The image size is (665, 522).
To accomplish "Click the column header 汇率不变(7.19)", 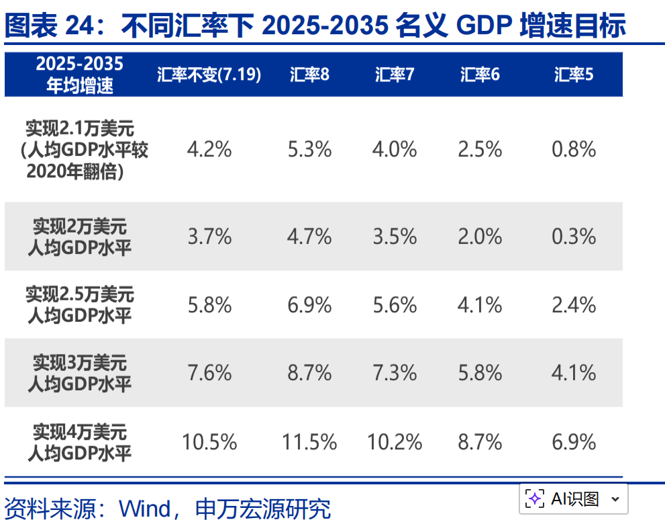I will pos(209,75).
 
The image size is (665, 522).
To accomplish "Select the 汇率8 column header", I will pos(309,75).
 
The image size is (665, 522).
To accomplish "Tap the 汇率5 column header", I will pos(574,75).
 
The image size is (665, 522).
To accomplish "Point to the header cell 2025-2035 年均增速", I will pos(79,75).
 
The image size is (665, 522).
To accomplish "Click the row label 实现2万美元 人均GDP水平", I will pos(79,236).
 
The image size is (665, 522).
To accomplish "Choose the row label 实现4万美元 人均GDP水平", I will pos(79,441).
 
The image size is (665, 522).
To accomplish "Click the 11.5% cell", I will pos(309,442).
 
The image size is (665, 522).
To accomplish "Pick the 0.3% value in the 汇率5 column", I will pos(574,236).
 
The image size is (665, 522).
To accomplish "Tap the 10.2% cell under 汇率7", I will pos(395,442).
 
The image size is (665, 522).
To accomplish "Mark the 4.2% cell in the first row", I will pos(209,149).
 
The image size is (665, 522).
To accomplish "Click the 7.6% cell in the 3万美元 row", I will pos(209,373).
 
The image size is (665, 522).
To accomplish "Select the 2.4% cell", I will pos(574,305).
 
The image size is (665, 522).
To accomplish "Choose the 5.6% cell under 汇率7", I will pos(395,305).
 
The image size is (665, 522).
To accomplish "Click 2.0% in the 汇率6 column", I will pos(480,236).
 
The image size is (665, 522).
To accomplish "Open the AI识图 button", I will pos(573,498).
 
